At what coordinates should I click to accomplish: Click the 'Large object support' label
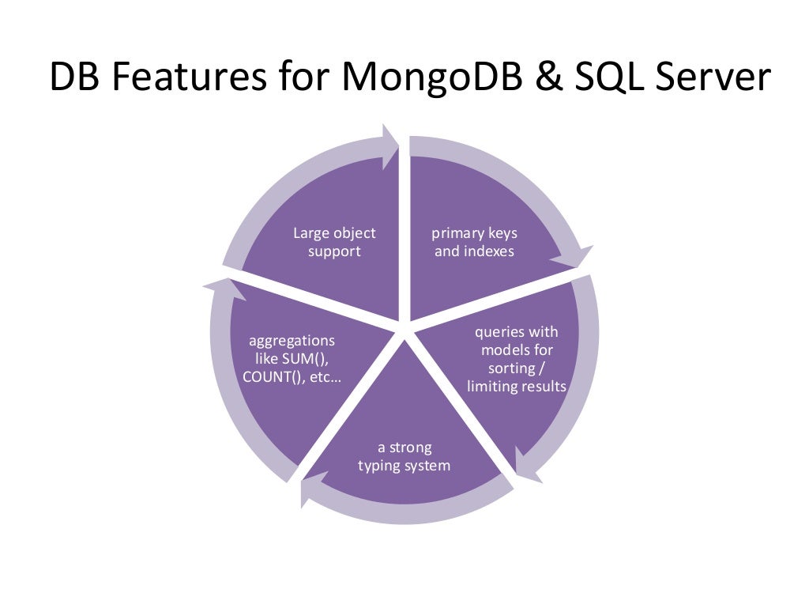[334, 242]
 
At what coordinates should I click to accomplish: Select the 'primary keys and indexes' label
[474, 242]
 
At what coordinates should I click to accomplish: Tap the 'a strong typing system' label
[404, 456]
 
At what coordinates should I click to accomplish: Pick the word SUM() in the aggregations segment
[304, 359]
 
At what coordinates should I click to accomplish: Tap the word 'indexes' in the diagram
[491, 251]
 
